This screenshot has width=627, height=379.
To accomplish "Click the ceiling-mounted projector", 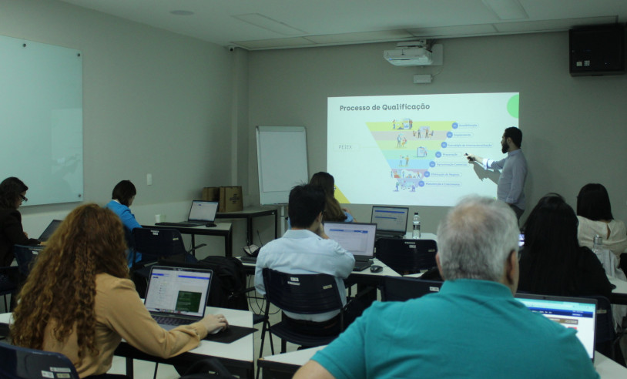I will (x=409, y=54).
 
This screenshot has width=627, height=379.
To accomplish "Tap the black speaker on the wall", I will (x=597, y=49).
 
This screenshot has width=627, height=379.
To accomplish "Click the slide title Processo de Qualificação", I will (x=384, y=107).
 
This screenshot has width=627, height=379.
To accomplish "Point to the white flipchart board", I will (x=282, y=164).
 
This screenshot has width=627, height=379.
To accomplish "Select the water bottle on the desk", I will (x=416, y=225).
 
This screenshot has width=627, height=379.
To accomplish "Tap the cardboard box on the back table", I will (x=230, y=198).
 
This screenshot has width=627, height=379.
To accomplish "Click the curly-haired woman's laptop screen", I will (x=177, y=290).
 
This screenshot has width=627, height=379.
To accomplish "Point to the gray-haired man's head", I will (x=478, y=238).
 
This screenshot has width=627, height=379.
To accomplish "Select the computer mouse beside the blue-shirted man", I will (x=376, y=269).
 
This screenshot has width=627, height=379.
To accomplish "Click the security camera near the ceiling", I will (x=231, y=48).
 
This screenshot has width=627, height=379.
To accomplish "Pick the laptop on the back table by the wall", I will (x=203, y=212).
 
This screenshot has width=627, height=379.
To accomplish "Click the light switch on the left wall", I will (x=149, y=179).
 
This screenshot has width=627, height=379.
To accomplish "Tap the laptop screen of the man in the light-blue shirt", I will (x=350, y=238).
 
